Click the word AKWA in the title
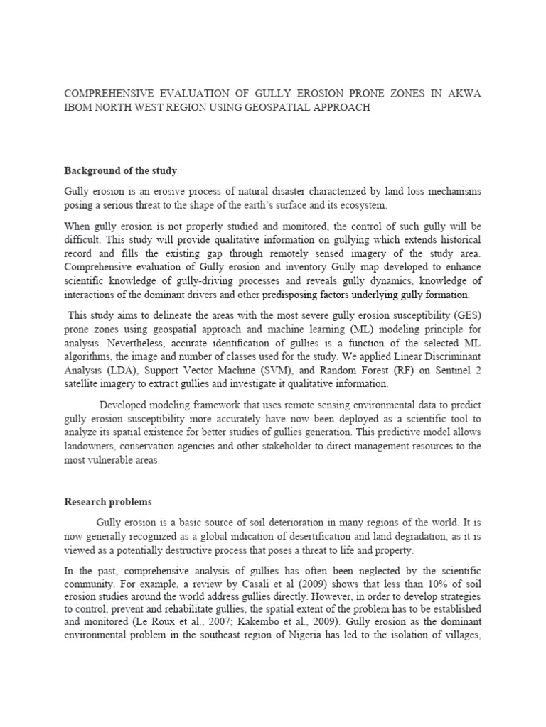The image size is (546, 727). pyautogui.click(x=461, y=94)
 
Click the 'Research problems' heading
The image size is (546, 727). pyautogui.click(x=108, y=502)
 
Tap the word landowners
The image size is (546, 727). pyautogui.click(x=92, y=446)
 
